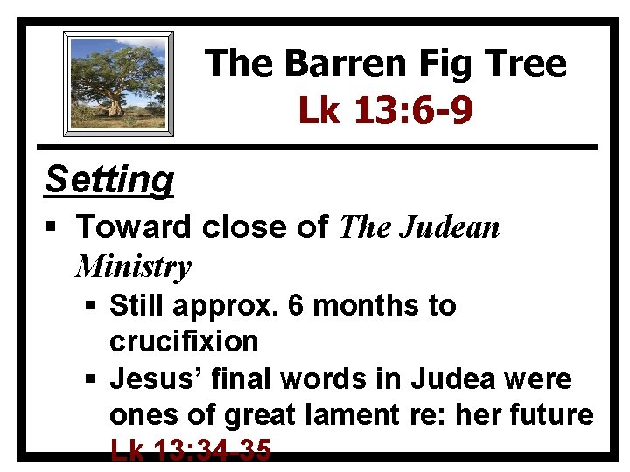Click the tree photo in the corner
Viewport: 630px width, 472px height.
click(x=118, y=84)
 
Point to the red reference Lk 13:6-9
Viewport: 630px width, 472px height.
click(x=386, y=110)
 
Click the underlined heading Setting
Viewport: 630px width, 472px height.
click(x=109, y=180)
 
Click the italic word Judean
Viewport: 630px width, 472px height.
click(x=449, y=228)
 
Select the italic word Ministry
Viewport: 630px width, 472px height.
click(x=133, y=266)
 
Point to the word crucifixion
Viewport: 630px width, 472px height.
click(x=184, y=341)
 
